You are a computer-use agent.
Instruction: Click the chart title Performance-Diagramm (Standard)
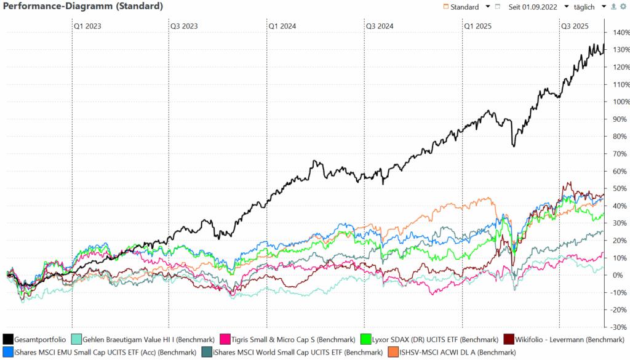tap(84, 7)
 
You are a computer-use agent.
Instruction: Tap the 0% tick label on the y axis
tap(618, 275)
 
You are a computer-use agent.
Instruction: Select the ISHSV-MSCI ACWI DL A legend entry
tap(457, 353)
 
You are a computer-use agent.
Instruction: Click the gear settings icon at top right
tap(623, 7)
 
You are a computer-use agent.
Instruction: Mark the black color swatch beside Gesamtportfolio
tap(8, 339)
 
